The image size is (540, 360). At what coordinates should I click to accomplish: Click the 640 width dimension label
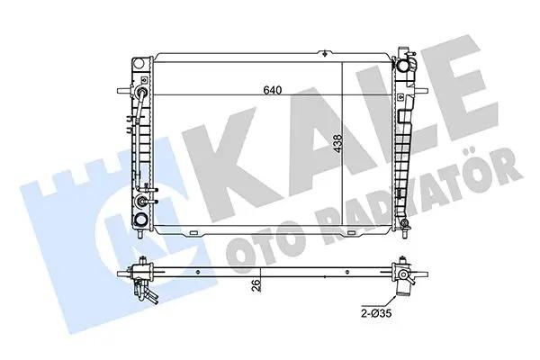pyautogui.click(x=272, y=90)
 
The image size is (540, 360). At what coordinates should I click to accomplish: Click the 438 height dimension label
pyautogui.click(x=337, y=144)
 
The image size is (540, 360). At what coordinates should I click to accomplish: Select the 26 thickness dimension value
pyautogui.click(x=256, y=285)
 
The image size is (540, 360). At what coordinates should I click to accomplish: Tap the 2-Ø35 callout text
pyautogui.click(x=376, y=313)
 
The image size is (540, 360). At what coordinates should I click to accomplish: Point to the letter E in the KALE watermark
pyautogui.click(x=467, y=86)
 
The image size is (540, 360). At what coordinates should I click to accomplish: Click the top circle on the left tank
pyautogui.click(x=138, y=64)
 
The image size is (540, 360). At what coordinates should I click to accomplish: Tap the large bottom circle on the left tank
pyautogui.click(x=140, y=219)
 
